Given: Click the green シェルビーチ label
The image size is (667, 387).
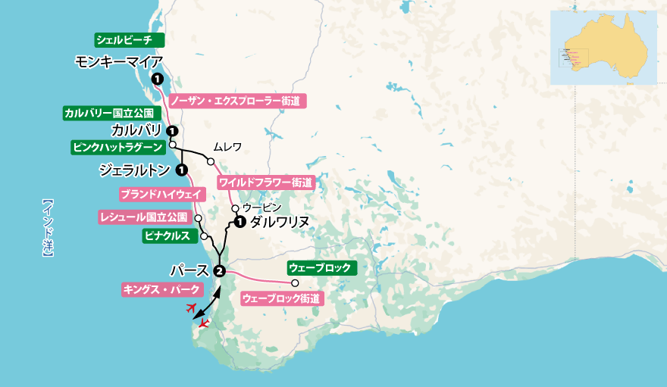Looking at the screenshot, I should point(124,39).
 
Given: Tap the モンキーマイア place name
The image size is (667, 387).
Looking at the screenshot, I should point(121,61).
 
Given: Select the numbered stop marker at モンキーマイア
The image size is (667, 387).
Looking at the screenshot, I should point(156,79).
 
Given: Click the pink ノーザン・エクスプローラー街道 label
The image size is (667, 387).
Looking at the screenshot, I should point(237,99).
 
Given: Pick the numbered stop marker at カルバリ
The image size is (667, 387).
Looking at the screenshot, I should point(172,130).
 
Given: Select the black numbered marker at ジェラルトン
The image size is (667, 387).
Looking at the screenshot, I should point(182,169).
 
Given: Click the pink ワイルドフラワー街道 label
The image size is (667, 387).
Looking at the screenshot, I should point(265,183).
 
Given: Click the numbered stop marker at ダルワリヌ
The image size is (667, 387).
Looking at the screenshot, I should point(240,222).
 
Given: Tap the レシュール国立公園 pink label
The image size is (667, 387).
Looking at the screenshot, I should point(143,217).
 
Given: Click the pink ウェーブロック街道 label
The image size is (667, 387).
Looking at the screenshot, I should point(282,298).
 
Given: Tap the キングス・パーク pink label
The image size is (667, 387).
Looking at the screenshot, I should point(162,289).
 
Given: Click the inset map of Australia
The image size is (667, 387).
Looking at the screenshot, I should point(603,47).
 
